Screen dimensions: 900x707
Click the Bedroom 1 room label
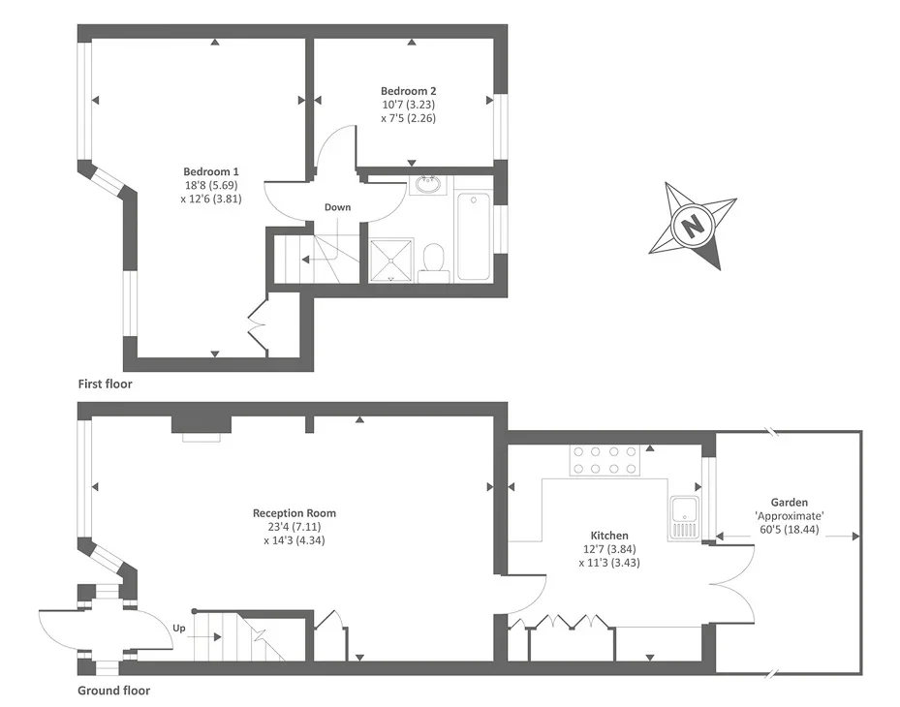tap(210, 171)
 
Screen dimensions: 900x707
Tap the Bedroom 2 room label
tap(408, 91)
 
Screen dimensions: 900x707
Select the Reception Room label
tap(295, 513)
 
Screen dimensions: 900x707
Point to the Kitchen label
tap(609, 536)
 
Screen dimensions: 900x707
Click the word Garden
tap(790, 502)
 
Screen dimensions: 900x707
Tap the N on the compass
tap(693, 224)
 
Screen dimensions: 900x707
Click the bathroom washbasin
tap(428, 185)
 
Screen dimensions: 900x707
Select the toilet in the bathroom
tap(432, 263)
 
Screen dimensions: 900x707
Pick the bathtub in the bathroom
tap(474, 236)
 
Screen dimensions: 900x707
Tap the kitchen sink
tap(684, 518)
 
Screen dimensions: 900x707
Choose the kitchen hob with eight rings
tap(605, 460)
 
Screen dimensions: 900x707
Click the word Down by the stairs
tap(337, 207)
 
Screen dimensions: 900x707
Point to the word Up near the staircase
tap(179, 629)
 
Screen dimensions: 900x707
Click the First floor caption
tap(105, 384)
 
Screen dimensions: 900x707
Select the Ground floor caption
tap(114, 691)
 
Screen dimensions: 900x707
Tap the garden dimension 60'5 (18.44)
tap(790, 529)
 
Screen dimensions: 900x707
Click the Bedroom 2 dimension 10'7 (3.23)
tap(408, 105)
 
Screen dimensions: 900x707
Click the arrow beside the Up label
tap(204, 637)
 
